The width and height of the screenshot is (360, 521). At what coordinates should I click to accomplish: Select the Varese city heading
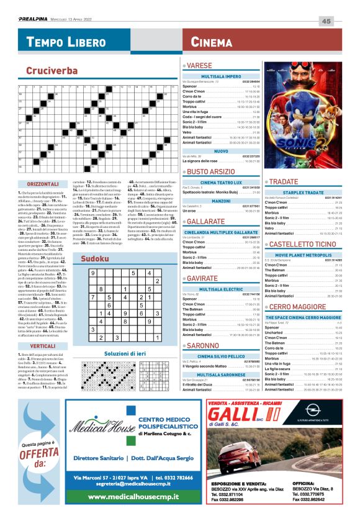pyautogui.click(x=201, y=65)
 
